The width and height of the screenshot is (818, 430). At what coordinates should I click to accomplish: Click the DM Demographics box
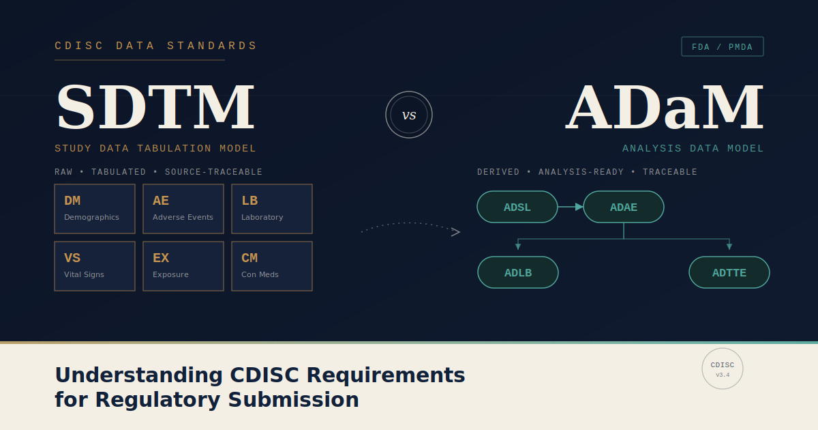click(x=95, y=209)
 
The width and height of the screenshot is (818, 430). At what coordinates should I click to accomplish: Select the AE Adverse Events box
click(x=183, y=209)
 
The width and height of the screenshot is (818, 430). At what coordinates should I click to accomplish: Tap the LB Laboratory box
click(x=272, y=209)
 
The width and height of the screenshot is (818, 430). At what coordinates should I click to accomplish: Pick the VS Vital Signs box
click(x=95, y=266)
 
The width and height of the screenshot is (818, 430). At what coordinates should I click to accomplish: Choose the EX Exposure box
click(x=183, y=266)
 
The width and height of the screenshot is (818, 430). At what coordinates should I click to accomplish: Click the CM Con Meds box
click(x=272, y=266)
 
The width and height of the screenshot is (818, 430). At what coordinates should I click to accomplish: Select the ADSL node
click(x=517, y=207)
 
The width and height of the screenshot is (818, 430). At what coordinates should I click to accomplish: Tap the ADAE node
click(x=624, y=207)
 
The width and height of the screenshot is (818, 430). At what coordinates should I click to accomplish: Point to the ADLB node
click(x=518, y=272)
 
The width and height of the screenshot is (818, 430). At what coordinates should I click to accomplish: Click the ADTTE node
click(x=729, y=272)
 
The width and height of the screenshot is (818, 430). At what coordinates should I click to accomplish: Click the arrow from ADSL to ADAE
click(x=571, y=207)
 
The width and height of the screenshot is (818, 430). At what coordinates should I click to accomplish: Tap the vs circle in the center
click(x=409, y=91)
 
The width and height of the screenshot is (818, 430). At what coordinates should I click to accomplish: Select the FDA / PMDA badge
click(x=723, y=47)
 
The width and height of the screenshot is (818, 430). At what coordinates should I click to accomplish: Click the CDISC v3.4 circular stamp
click(x=723, y=349)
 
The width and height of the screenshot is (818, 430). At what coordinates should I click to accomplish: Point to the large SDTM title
click(x=155, y=106)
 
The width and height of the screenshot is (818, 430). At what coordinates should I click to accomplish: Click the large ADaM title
click(x=664, y=106)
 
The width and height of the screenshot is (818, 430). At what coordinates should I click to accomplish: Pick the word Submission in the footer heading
click(x=293, y=399)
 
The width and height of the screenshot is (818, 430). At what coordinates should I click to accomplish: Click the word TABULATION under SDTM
click(x=175, y=149)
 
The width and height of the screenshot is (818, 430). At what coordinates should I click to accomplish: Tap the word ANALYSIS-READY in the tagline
click(x=581, y=172)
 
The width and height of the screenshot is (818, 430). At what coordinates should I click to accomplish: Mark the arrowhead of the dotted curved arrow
click(x=456, y=232)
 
